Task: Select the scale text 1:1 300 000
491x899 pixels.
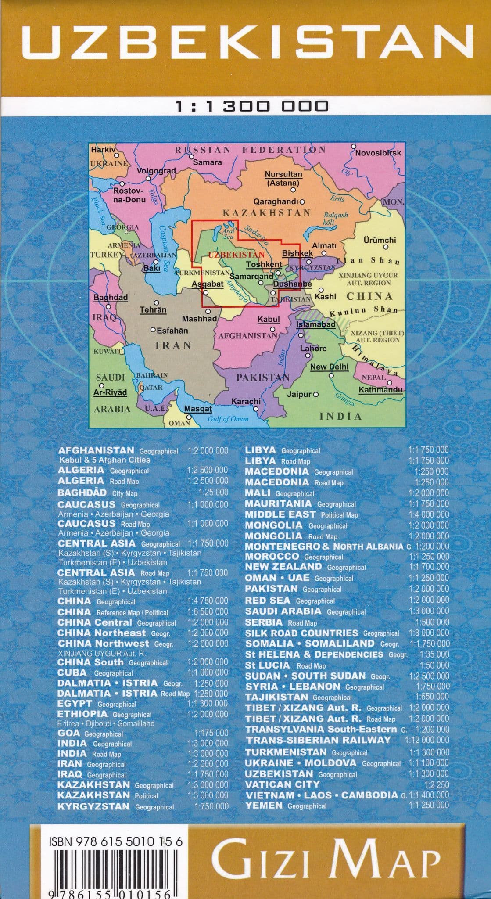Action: (251, 107)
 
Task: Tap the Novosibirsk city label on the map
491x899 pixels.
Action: (378, 153)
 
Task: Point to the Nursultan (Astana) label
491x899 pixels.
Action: (283, 179)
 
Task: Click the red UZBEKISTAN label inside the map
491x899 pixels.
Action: (236, 255)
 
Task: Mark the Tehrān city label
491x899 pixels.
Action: (153, 310)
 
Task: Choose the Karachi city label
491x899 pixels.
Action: (246, 401)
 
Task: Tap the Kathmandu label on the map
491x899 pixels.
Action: (380, 390)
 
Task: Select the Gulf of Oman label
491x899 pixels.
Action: (228, 419)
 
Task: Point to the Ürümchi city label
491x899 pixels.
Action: (380, 240)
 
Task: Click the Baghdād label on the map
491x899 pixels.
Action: (111, 298)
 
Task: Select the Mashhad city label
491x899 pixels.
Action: (199, 319)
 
